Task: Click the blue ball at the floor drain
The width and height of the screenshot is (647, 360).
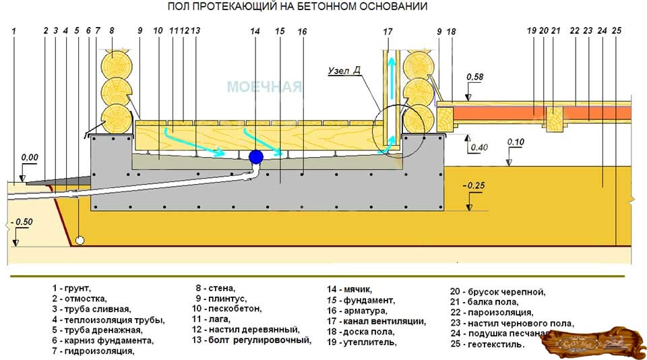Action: pos(256,158)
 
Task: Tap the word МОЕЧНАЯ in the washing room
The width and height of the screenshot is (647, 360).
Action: pos(264,87)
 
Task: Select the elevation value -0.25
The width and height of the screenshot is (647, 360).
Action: pos(474,185)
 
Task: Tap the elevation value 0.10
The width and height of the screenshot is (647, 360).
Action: pos(516,142)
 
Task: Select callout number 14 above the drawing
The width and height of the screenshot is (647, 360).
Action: pos(254,31)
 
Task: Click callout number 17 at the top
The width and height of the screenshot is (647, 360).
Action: pos(387,31)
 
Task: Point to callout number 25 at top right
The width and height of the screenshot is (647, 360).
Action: pos(617,30)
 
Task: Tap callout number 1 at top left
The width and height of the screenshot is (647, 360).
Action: pos(13,31)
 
